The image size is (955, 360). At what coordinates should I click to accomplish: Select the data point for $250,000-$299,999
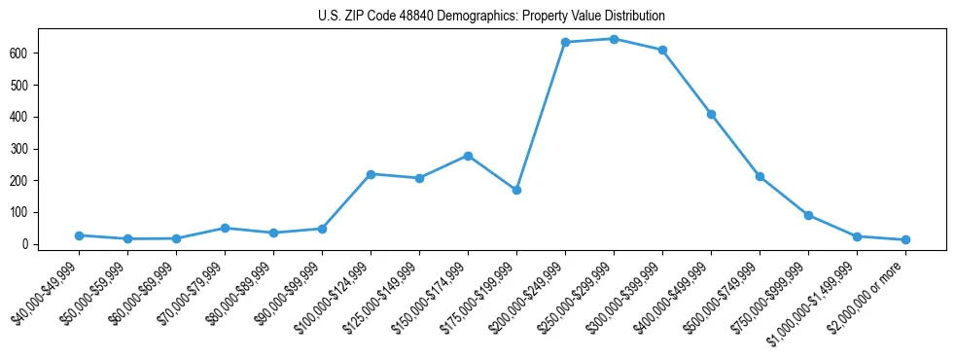coord(614,39)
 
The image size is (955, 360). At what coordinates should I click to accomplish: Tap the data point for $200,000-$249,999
coord(565,42)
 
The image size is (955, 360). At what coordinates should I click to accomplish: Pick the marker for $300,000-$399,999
coord(662,50)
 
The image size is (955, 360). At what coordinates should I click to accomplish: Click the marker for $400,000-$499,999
coord(711,114)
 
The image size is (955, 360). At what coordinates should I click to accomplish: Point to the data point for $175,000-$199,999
coord(516,190)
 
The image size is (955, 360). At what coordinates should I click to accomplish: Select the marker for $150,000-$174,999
coord(468,156)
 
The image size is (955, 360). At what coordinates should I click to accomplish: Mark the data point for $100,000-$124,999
coord(371,174)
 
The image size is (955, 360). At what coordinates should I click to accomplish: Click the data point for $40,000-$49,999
coord(79,235)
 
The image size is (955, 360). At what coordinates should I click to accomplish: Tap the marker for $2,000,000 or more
coord(905,239)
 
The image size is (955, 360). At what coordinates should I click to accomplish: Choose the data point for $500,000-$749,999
coord(760,176)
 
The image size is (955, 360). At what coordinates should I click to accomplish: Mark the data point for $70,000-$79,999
coord(225,228)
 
